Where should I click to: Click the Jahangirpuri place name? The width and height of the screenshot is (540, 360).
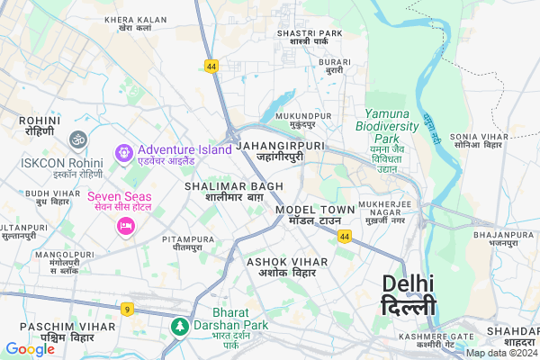pos(280,149)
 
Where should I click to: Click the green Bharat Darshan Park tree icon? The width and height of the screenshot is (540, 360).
pos(180,324)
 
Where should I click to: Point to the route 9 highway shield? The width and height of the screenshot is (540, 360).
pos(128,310)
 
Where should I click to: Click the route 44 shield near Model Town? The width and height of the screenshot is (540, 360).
pos(345,236)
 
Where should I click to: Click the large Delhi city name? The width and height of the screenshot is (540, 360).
pos(408,294)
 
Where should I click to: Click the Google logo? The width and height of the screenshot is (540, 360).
pos(30,349)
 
